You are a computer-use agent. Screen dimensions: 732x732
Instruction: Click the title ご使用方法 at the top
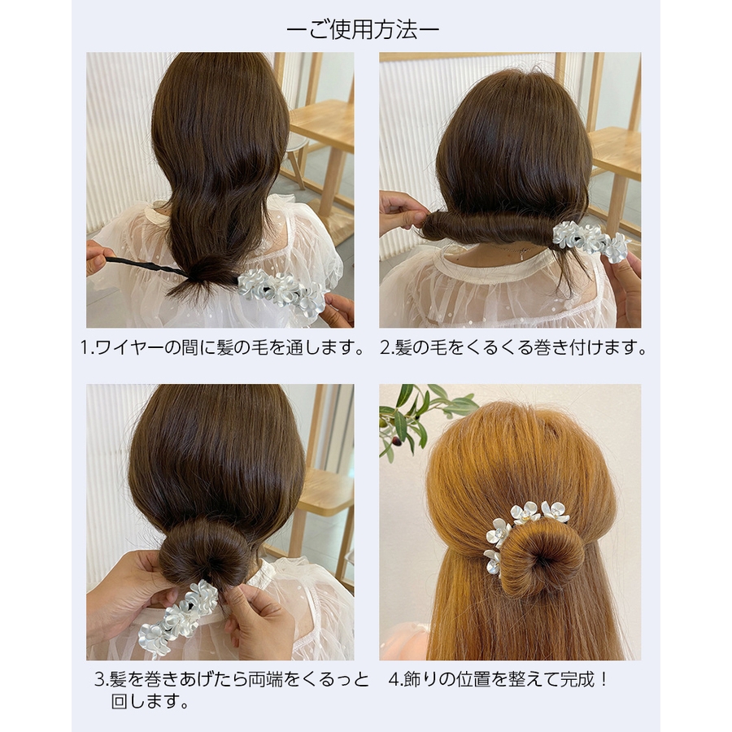point(363,30)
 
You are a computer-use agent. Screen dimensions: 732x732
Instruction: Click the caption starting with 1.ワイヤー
point(223,348)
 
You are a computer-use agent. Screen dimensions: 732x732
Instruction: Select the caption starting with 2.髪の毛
point(513,348)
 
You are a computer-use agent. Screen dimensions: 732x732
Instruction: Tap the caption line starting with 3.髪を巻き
point(232,680)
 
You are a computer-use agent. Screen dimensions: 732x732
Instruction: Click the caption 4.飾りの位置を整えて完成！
point(499,680)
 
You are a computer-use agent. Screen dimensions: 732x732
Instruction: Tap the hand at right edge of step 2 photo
point(625,287)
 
